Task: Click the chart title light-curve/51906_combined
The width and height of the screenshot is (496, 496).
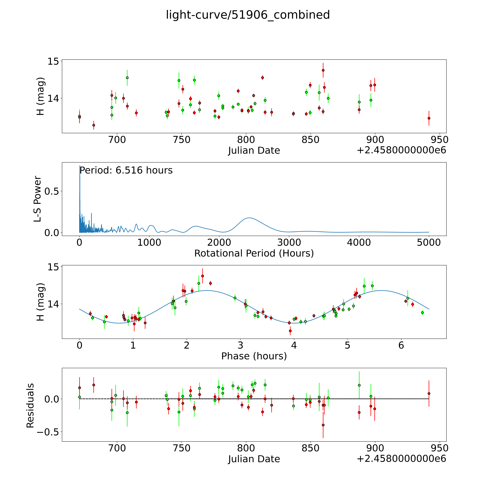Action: click(x=248, y=15)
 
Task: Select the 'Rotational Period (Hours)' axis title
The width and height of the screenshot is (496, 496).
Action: click(x=254, y=253)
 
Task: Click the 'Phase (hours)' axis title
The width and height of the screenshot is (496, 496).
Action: click(x=254, y=356)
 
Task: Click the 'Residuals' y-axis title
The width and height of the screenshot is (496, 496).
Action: click(x=30, y=406)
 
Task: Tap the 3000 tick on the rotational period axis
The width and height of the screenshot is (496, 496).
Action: click(x=289, y=242)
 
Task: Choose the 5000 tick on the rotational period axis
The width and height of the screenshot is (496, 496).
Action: click(x=429, y=242)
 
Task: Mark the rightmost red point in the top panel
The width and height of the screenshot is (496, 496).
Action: click(x=429, y=118)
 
